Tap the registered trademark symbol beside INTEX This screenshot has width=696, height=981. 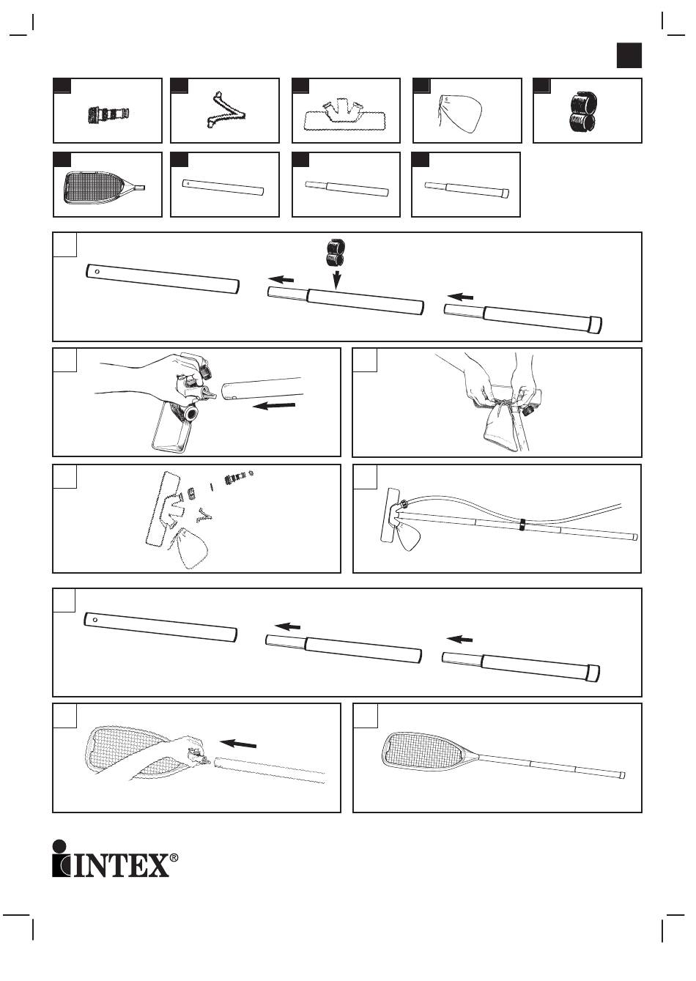174,857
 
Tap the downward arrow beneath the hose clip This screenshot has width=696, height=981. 336,279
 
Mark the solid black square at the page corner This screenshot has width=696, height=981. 629,56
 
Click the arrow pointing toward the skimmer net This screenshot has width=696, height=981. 239,744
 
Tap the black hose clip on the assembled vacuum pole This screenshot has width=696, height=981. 521,525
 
